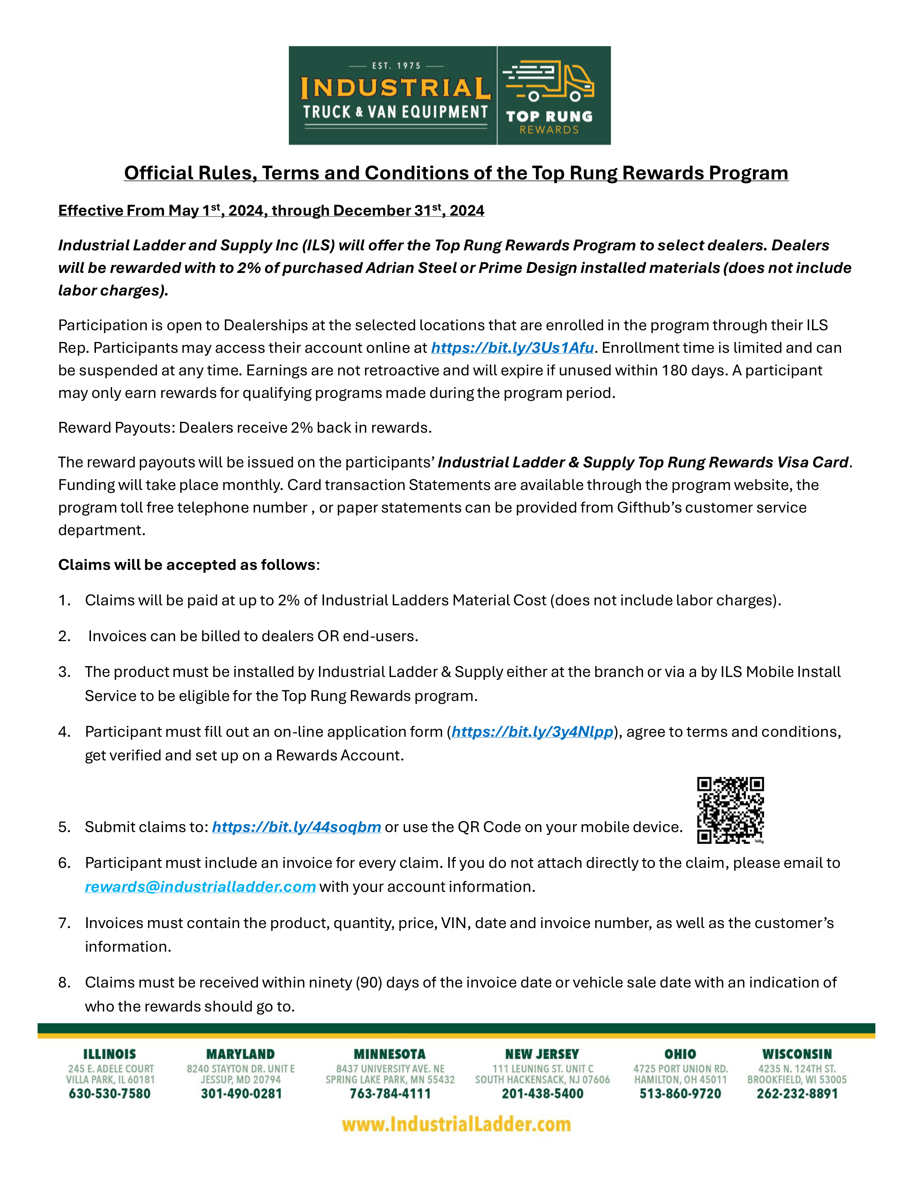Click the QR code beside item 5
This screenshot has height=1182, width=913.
point(730,810)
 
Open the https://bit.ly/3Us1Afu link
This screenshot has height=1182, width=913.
point(512,348)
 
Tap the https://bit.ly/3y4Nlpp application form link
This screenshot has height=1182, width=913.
point(532,732)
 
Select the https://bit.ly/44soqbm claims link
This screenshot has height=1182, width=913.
point(296,827)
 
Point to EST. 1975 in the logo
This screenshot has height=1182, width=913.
point(396,66)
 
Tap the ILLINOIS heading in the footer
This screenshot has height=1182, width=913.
point(110,1054)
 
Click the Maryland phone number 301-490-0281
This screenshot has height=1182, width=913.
point(241,1094)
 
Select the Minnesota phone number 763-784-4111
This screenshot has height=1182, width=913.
point(390,1094)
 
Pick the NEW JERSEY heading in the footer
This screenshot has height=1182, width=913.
point(542,1054)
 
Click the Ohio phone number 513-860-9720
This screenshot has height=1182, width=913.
point(680,1094)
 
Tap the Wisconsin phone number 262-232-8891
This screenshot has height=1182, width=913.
point(797,1094)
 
